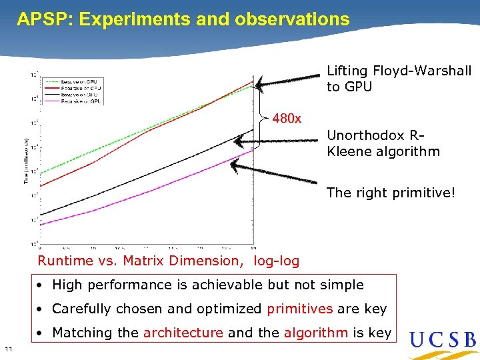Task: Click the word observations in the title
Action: pos(292,19)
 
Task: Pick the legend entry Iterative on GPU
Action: pos(81,95)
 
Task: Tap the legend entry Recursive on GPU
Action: pos(81,102)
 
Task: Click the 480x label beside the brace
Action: pos(287,119)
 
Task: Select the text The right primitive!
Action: pos(391,193)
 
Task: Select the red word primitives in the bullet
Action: pos(299,309)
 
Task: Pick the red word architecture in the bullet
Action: pos(183,333)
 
